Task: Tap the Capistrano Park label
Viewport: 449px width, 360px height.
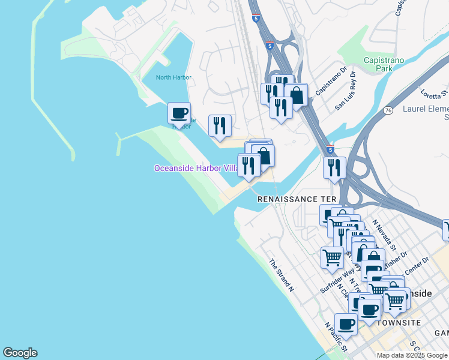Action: pos(384,65)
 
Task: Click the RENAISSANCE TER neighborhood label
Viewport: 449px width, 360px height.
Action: pos(295,199)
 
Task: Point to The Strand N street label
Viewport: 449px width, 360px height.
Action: pos(281,275)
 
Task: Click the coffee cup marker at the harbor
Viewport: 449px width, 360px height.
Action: pos(179,113)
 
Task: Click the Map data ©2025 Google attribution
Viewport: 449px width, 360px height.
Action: pos(411,355)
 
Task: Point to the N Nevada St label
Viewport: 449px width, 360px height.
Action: pos(385,235)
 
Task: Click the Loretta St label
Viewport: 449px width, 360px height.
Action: pos(435,95)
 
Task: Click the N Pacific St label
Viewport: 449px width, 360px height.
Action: pos(336,337)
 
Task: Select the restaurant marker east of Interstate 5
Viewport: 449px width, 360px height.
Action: pos(334,168)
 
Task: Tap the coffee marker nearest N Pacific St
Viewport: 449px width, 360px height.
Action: pos(346,325)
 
